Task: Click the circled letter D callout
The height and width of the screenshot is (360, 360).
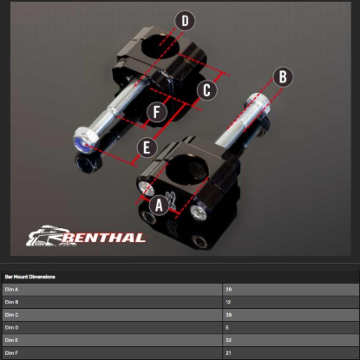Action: coord(186,21)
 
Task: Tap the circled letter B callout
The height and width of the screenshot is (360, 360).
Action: coord(280,76)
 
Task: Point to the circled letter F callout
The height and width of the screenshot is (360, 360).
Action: coord(156,112)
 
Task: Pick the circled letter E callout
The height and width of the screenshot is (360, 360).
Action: coord(145,147)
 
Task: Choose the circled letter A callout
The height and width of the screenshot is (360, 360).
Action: coord(158,205)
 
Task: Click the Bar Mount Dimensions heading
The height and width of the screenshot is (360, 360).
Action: coord(30,277)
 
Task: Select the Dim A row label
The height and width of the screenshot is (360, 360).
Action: coord(11,289)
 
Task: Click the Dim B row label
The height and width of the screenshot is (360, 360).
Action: coord(11,302)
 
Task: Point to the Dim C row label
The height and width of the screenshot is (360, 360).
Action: coord(11,315)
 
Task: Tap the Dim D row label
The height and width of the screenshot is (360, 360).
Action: coord(11,328)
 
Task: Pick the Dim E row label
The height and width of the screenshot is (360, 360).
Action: coord(11,341)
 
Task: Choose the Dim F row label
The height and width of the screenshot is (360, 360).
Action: coord(11,353)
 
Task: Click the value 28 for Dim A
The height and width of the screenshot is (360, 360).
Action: coord(228,289)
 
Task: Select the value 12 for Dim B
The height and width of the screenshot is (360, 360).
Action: coord(228,302)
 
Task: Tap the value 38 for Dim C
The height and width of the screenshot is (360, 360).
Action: coord(228,315)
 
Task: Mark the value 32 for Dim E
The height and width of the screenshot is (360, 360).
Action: coord(228,341)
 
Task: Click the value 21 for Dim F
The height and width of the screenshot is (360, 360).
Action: coord(228,353)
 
